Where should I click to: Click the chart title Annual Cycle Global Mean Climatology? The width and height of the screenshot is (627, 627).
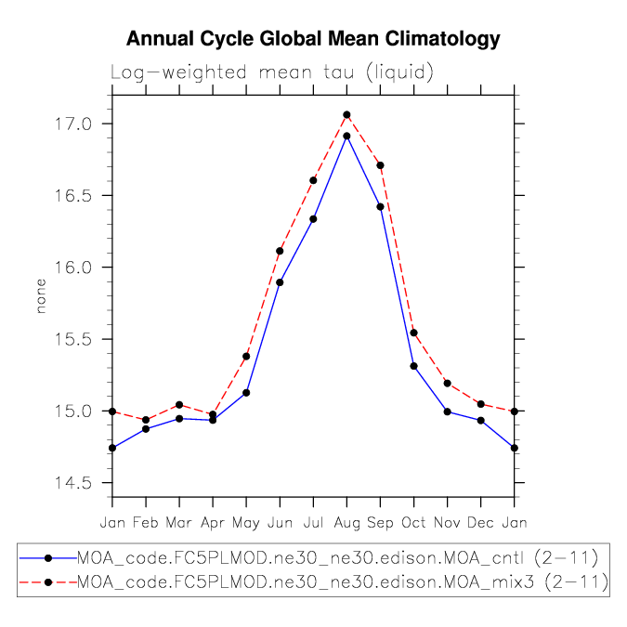coord(313,39)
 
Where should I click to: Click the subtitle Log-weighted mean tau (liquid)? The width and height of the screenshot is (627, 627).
coord(272,72)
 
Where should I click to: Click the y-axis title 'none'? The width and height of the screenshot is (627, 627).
coord(40,300)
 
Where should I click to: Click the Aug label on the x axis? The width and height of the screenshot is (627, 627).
coord(346,522)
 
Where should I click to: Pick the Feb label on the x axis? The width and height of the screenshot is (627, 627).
coord(146,522)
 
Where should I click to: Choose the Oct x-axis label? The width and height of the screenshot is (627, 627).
coord(413,522)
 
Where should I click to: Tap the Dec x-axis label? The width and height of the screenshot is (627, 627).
coord(480,522)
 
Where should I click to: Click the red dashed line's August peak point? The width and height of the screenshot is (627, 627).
coord(346,115)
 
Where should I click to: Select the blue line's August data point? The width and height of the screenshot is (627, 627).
coord(346,137)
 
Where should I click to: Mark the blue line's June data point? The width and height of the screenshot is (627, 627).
coord(280,282)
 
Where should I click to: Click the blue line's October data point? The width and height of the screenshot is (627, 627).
coord(413,366)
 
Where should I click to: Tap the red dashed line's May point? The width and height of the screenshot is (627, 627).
coord(246,357)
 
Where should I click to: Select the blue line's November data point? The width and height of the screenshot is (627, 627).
coord(447,411)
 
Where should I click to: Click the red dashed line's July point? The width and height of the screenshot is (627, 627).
coord(313,180)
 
